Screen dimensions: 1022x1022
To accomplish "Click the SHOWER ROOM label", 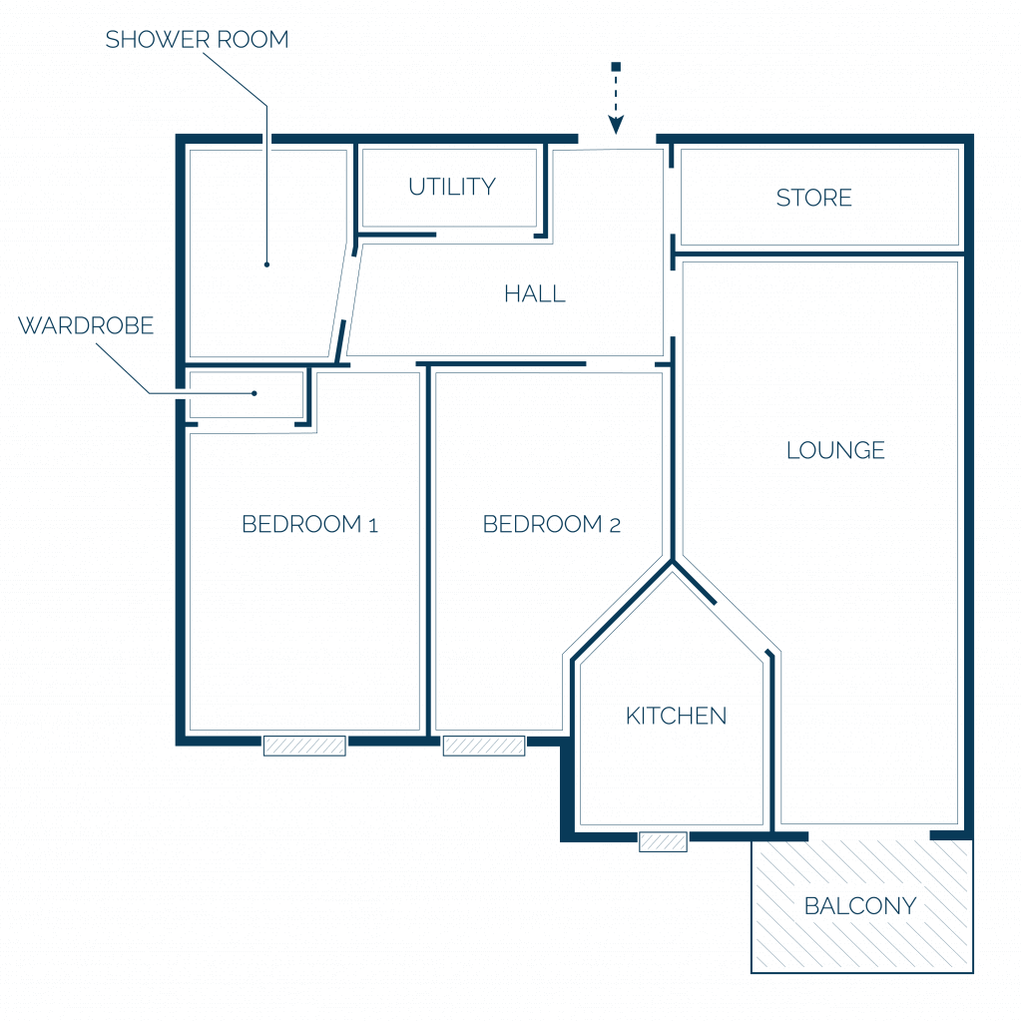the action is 197,40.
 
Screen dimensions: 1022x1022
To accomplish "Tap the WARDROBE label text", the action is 86,325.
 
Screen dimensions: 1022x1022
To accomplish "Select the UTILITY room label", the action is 452,187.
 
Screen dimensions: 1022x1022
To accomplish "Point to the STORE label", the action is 814,198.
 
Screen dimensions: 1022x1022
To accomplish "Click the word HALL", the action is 535,294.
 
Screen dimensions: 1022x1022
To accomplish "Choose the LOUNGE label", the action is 835,450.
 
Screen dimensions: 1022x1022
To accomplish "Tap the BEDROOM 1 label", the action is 309,524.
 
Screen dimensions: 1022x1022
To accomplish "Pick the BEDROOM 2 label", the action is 551,524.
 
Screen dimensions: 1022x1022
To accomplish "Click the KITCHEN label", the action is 676,716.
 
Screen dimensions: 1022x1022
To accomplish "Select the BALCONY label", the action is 860,906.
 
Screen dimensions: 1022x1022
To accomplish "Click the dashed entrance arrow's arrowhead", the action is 616,125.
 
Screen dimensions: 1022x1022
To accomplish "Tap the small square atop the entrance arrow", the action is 616,67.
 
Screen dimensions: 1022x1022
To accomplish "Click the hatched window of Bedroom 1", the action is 304,746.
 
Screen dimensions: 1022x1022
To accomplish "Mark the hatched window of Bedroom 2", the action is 484,746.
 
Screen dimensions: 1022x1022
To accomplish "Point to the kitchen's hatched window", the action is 663,841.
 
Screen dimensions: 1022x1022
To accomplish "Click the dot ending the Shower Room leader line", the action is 266,264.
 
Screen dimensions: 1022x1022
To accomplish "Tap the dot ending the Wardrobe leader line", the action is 255,393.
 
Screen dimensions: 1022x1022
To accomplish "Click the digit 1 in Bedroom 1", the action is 373,525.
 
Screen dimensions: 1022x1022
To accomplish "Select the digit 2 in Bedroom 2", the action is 615,525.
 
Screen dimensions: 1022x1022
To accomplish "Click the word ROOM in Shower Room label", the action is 253,40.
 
